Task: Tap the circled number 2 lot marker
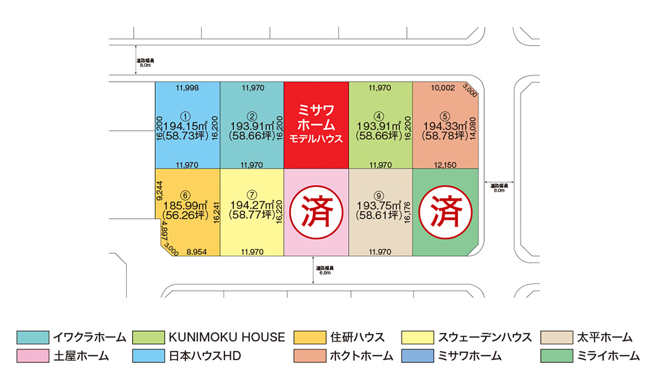coord(252,116)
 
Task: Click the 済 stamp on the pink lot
coord(316,212)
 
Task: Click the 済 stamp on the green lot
coord(445,212)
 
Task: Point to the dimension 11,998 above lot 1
coord(188,88)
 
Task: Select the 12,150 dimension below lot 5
coord(445,164)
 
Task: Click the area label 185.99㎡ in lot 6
coord(185,204)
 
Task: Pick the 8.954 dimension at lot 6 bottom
coord(196,252)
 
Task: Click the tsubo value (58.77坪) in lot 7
coord(252,214)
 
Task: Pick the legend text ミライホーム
coord(608,356)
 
